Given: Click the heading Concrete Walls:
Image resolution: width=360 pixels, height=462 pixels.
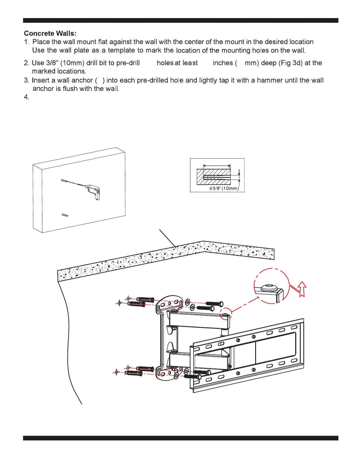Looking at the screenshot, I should (x=50, y=34).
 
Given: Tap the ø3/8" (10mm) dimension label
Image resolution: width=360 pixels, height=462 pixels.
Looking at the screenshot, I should (x=224, y=188).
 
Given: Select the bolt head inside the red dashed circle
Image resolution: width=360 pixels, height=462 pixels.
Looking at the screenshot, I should (x=269, y=288).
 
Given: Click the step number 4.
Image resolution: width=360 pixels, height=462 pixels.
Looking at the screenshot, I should (x=27, y=97).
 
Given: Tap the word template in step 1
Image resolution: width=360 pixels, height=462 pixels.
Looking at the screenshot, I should (x=121, y=50).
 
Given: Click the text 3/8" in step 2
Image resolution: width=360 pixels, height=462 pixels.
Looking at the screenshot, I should (x=52, y=63).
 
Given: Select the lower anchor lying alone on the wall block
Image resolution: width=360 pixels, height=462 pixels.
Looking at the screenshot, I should (x=65, y=216).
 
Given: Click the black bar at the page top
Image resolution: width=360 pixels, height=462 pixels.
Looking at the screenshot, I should (x=180, y=20).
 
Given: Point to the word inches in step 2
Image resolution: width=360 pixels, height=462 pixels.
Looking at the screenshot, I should (x=223, y=63).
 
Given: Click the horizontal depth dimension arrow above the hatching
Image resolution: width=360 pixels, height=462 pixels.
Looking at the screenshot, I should (x=217, y=165).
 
